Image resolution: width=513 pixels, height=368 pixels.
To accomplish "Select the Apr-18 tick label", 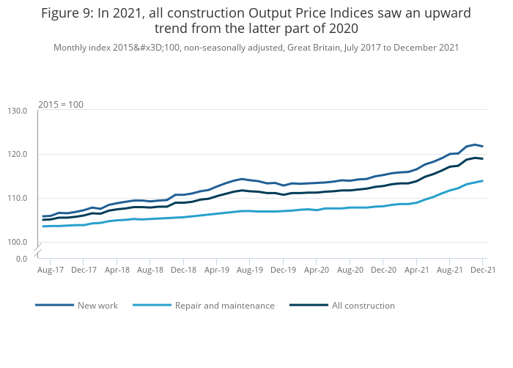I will pos(117,270).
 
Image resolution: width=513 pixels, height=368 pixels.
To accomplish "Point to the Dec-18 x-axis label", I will pos(183,270).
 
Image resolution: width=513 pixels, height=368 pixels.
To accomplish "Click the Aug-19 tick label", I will pos(250,270).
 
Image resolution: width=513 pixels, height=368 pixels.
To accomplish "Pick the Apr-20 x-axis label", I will pos(317,270).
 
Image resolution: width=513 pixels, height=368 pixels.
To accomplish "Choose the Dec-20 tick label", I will pos(383,270).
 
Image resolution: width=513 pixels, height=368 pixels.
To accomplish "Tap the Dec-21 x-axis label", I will pos(482,270).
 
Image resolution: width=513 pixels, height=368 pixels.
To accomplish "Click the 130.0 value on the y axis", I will pos(17,111).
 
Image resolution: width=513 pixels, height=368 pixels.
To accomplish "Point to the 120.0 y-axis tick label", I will pos(17,155).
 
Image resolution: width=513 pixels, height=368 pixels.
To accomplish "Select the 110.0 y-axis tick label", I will pos(17,198).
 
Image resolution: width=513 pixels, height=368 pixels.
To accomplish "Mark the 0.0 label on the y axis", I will pos(21,259).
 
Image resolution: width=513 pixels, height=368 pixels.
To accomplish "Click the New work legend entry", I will pos(97,306).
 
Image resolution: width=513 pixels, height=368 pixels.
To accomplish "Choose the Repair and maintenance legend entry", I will pos(224,306).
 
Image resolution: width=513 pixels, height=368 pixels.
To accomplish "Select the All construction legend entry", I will pos(363,306).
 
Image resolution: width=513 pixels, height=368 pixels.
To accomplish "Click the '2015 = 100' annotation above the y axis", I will pos(61,104).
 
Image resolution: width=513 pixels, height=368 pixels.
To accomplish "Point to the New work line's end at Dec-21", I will pos(482,146).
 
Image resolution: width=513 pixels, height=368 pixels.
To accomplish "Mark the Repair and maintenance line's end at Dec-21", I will pos(482,180).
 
